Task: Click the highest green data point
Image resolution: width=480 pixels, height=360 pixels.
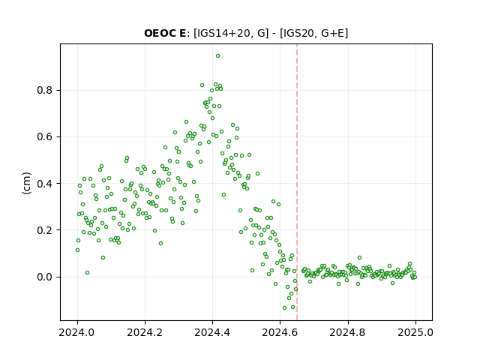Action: point(217,56)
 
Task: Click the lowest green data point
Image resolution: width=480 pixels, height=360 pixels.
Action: point(285,307)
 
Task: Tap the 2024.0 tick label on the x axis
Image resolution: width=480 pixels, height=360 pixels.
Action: point(77,332)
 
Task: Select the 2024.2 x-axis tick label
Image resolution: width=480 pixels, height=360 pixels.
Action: point(145,332)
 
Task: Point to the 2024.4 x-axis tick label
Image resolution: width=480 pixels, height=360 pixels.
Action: point(212,332)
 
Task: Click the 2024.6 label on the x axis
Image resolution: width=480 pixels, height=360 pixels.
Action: point(280,332)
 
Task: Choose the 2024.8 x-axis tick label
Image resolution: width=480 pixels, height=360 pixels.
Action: point(347,332)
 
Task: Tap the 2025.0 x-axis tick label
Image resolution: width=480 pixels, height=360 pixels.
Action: point(415,332)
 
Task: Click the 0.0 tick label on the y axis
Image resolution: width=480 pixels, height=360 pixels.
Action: point(45,277)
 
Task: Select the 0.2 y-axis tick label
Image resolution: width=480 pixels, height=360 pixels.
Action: point(45,230)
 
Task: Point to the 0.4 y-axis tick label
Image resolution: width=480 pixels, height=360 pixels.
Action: point(45,184)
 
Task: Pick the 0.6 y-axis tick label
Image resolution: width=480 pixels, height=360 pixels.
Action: point(45,136)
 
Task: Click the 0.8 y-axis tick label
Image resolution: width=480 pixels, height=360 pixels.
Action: point(45,90)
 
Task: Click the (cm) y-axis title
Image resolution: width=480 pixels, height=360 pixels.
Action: point(27,183)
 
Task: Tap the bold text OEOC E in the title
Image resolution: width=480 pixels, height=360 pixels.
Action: point(165,33)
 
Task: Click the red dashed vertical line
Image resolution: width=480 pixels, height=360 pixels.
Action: point(297,182)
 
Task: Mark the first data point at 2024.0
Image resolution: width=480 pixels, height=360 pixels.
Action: point(77,250)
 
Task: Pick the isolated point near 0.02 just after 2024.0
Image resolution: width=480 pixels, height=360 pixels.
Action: point(87,272)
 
